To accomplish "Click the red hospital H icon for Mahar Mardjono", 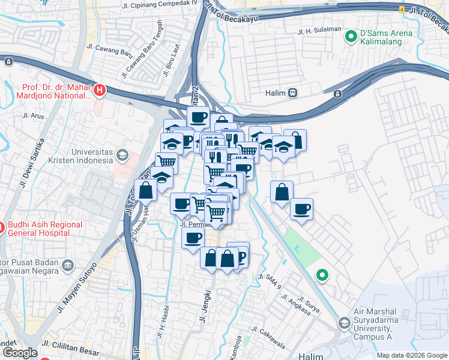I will tap(100, 91).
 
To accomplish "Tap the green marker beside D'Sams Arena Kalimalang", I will tap(351, 37).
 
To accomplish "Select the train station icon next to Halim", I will tap(292, 93).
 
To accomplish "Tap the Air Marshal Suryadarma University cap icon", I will tap(344, 323).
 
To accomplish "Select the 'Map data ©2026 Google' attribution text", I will tap(412, 355).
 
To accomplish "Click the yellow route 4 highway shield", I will tap(401, 10).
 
